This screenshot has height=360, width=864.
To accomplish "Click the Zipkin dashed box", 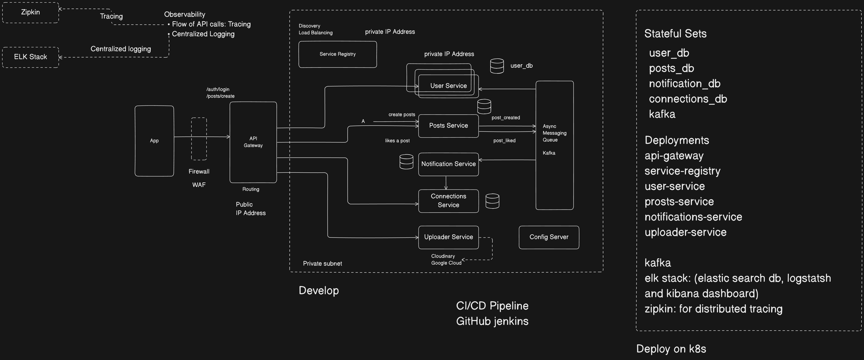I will [x=31, y=12].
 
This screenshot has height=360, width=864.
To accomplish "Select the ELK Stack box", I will [x=31, y=57].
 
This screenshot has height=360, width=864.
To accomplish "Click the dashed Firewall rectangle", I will [x=199, y=139].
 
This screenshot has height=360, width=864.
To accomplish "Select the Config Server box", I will [x=549, y=237].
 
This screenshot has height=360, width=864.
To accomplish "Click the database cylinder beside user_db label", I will [x=497, y=66].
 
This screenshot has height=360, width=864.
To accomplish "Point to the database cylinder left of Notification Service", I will [x=406, y=162].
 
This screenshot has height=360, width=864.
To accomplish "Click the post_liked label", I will [x=504, y=141].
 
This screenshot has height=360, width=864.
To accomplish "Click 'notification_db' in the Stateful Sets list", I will [x=684, y=84].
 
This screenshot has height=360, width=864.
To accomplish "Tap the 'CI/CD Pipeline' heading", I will [x=492, y=306].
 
